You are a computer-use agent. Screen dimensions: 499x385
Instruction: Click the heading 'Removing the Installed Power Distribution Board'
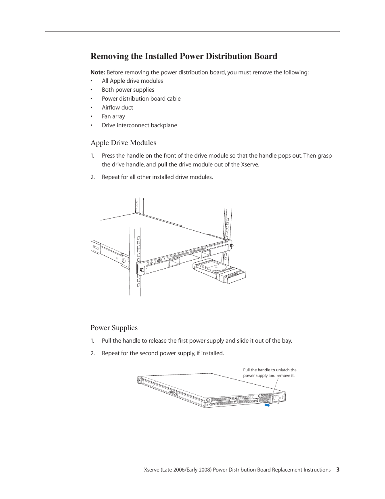tap(184, 56)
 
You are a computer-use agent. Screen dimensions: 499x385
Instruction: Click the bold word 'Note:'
tap(98, 72)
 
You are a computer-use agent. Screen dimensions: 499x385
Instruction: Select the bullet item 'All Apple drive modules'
tap(132, 81)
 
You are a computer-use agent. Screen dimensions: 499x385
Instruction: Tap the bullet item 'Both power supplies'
tap(128, 90)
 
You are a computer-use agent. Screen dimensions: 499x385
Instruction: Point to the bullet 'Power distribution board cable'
tap(141, 99)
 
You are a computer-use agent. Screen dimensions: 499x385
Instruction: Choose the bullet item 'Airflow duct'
tap(117, 107)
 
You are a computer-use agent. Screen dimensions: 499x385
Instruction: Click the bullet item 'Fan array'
tap(113, 116)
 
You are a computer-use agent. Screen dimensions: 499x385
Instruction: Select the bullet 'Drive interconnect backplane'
tap(139, 125)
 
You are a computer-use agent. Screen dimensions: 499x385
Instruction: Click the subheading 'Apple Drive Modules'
tap(123, 143)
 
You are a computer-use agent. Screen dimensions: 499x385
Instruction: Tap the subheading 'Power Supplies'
tap(114, 328)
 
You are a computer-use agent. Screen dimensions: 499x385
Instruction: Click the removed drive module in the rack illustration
tap(219, 271)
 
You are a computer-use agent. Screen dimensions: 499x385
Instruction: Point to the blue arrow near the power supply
tap(267, 405)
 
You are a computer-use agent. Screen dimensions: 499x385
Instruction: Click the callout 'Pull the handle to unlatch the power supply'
tap(270, 373)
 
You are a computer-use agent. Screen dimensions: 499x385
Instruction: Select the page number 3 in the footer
tap(338, 470)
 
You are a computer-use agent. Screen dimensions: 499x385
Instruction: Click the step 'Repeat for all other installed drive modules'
tap(157, 177)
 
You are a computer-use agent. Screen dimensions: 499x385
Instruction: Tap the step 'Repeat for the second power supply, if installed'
tap(163, 353)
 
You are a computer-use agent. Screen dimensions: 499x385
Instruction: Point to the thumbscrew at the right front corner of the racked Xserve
tap(231, 245)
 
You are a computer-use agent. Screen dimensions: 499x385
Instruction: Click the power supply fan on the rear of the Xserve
tap(265, 398)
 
